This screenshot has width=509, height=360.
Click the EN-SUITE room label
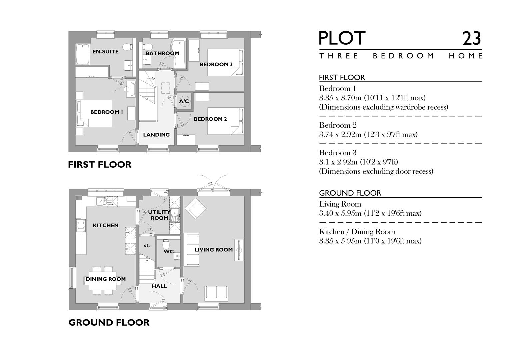click(105, 52)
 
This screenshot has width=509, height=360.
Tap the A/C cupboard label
click(184, 101)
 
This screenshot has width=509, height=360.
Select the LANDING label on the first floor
click(156, 135)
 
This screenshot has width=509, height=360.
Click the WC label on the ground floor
click(169, 252)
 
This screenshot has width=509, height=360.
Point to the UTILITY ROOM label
click(159, 215)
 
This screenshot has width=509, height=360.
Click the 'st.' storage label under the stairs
click(147, 246)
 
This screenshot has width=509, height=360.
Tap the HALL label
click(159, 286)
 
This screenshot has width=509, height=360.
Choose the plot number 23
click(471, 39)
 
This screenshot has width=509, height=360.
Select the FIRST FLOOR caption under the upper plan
click(100, 165)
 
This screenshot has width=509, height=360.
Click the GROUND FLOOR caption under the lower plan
click(109, 323)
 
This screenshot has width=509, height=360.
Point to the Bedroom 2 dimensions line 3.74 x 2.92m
click(368, 135)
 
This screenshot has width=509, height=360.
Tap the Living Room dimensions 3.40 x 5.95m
click(370, 213)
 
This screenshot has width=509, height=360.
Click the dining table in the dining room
click(103, 281)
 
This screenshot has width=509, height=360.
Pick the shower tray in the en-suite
click(82, 55)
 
